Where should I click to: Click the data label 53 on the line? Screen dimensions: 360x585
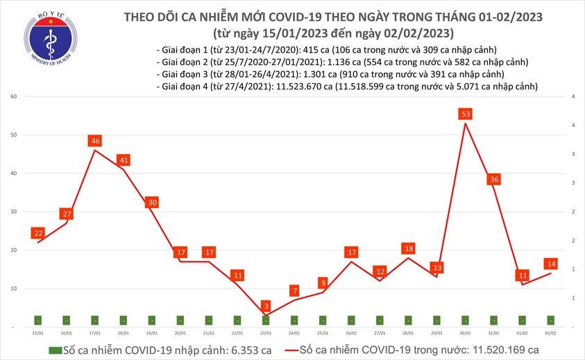pos(466,114)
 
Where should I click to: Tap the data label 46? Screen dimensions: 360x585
pos(95,141)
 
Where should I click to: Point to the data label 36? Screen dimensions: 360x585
pos(495,179)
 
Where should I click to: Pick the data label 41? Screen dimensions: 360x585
pos(124,160)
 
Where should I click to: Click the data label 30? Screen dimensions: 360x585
pos(152,203)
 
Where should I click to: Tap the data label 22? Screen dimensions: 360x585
pos(38,232)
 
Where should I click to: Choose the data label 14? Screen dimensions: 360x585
pos(552,264)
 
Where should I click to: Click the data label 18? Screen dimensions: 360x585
pos(409,248)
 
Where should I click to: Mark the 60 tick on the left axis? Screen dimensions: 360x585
pos(13,97)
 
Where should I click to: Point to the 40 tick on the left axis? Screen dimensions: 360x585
pos(13,173)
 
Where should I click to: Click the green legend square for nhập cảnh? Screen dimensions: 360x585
pos(55,350)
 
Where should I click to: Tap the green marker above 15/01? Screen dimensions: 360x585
pos(37,320)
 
